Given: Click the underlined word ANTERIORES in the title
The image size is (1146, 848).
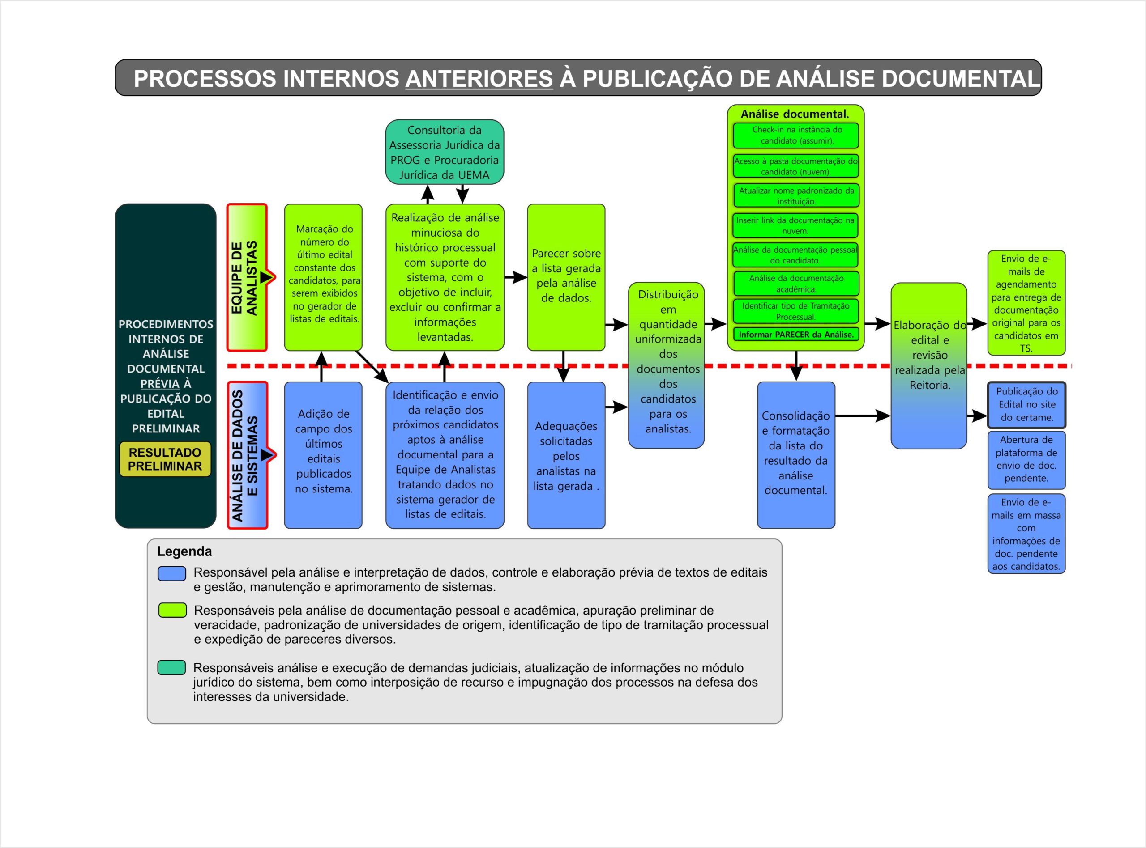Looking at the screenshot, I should (479, 79).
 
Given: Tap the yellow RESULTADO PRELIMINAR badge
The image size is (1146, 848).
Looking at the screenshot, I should (165, 459).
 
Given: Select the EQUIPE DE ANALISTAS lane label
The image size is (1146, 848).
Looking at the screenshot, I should (247, 278).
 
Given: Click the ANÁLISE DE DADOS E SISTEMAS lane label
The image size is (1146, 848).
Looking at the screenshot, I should (247, 455).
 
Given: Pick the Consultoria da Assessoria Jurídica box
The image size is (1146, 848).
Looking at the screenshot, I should (445, 152).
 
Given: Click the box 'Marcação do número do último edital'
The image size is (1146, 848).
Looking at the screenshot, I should (324, 277).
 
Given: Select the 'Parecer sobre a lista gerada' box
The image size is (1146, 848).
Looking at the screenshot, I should (566, 277).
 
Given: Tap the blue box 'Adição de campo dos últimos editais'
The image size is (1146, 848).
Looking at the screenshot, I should (324, 455).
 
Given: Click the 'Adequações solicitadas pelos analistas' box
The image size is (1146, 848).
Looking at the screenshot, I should (566, 455).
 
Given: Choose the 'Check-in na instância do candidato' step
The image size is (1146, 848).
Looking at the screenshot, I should (795, 136).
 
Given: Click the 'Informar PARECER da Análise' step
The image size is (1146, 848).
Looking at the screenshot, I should (795, 335).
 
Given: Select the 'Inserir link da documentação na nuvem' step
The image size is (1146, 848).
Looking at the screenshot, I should (795, 225).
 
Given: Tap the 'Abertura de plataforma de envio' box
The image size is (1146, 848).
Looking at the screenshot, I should (1026, 459).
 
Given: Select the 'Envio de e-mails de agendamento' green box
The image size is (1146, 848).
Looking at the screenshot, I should (1026, 303).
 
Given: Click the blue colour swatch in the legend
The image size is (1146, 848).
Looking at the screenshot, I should (171, 573).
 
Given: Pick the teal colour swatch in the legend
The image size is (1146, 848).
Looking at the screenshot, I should (171, 668).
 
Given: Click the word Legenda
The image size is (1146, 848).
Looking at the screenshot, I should (184, 551).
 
